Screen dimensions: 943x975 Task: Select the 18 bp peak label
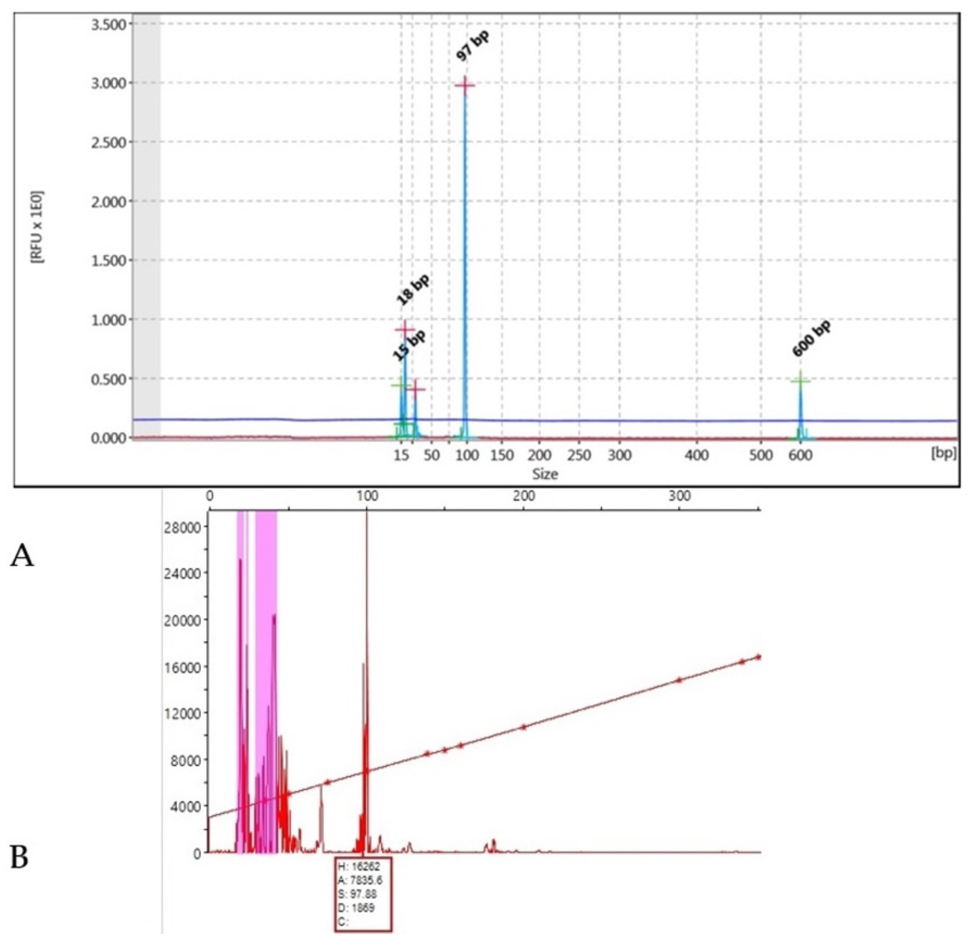413,290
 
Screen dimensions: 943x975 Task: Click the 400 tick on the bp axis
697,455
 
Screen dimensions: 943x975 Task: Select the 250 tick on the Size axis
580,455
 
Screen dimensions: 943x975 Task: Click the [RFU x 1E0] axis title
37,226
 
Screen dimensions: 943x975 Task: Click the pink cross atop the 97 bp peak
465,86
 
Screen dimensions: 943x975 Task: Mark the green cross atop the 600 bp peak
800,381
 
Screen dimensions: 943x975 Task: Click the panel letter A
22,556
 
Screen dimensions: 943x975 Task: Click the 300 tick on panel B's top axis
680,496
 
